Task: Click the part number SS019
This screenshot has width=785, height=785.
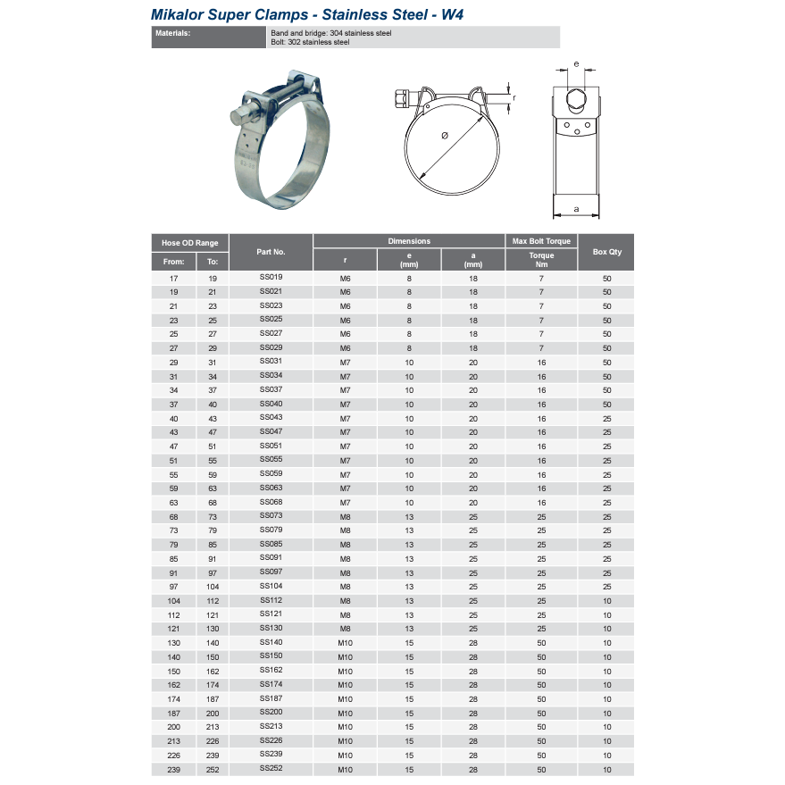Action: point(271,278)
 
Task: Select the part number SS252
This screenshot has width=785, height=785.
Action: point(271,769)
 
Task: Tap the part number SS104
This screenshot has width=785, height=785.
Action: point(271,586)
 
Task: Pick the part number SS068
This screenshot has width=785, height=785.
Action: point(271,502)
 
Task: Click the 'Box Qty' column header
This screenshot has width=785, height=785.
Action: point(606,252)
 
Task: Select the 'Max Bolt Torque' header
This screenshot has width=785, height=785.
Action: point(540,241)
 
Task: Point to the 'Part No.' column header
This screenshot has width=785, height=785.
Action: point(271,252)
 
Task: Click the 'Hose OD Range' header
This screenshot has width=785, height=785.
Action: point(189,242)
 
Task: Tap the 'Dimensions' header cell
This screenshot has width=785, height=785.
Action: point(409,241)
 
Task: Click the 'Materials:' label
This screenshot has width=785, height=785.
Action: point(173,33)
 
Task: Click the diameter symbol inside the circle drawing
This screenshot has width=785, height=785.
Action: point(445,136)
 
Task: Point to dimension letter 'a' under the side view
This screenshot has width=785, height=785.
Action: point(576,209)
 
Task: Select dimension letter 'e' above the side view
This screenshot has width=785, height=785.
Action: point(576,64)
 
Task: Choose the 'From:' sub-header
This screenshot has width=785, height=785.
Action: point(174,262)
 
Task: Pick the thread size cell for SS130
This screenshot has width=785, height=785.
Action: point(346,630)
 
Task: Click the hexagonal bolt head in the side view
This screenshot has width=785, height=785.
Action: point(576,97)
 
